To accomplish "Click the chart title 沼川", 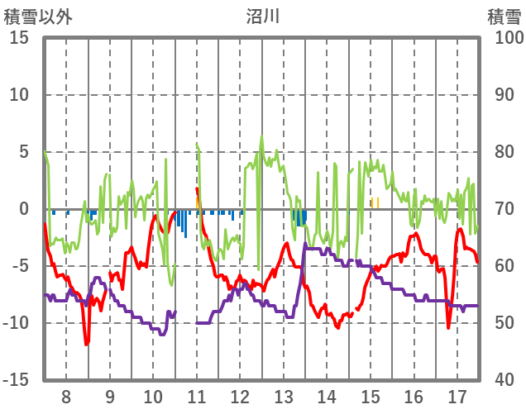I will click(262, 16).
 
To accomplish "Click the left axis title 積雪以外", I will click(38, 16).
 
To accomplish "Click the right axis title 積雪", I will click(504, 16).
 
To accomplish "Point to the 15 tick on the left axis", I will click(19, 38).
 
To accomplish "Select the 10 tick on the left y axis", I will click(19, 95).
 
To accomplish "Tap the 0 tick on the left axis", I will click(24, 209).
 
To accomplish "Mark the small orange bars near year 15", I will click(375, 202).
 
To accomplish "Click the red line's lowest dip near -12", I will click(86, 343).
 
